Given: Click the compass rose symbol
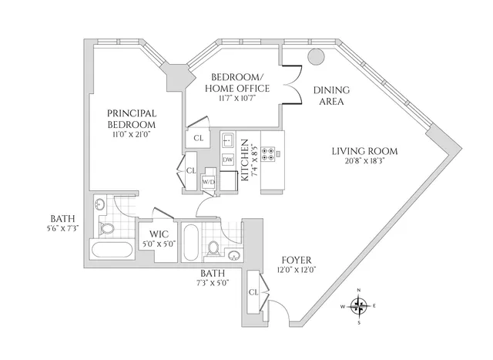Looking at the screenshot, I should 359,305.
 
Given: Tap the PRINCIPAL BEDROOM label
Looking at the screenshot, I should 132,118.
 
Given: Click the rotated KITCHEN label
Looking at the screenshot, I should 244,160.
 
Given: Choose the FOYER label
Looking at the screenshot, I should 295,260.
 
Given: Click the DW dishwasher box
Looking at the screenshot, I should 227,160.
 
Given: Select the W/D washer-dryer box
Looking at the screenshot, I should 208,182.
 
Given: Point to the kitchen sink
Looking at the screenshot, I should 227,140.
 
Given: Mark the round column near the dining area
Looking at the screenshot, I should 316,56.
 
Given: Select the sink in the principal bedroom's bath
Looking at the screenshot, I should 102,205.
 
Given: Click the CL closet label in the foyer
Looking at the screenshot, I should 253,292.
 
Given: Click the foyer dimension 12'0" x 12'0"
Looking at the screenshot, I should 295,271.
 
